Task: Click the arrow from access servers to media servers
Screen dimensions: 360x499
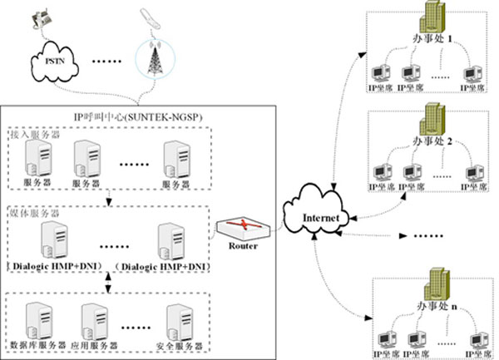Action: point(109,198)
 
